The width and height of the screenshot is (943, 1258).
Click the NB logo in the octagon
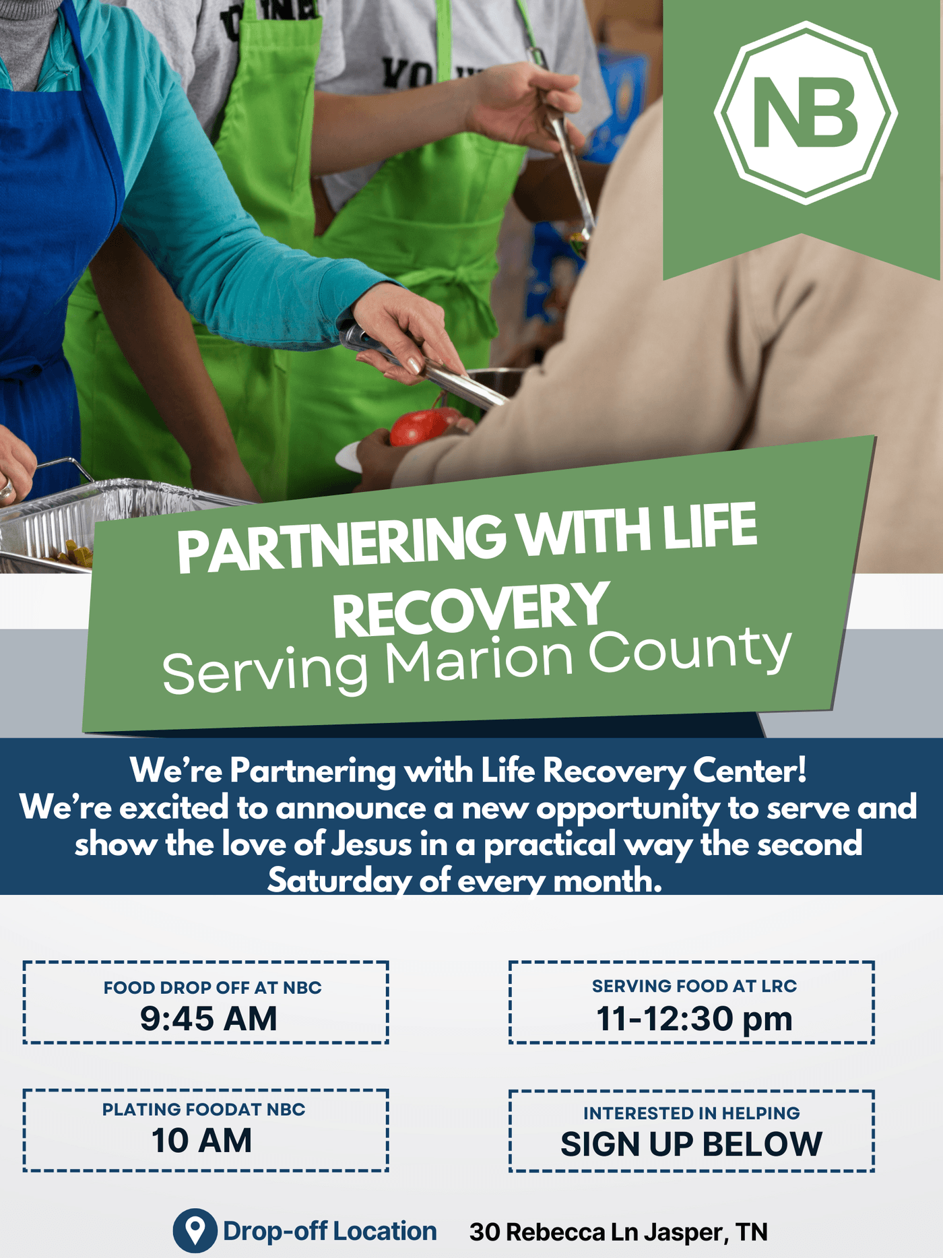[806, 113]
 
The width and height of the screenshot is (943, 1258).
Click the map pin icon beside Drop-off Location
[195, 1230]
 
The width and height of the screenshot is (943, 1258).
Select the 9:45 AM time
[209, 1018]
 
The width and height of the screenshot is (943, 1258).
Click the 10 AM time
[201, 1141]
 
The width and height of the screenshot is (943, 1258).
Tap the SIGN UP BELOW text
[691, 1144]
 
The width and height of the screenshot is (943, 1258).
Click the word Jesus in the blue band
[371, 844]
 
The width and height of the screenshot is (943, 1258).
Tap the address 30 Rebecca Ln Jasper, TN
[618, 1232]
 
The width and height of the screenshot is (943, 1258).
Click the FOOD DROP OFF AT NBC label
[213, 988]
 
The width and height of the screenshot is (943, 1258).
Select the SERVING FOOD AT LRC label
[694, 986]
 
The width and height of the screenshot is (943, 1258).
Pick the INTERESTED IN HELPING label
[692, 1113]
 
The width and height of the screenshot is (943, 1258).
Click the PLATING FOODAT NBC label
[204, 1110]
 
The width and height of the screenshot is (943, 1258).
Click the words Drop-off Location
[329, 1231]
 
